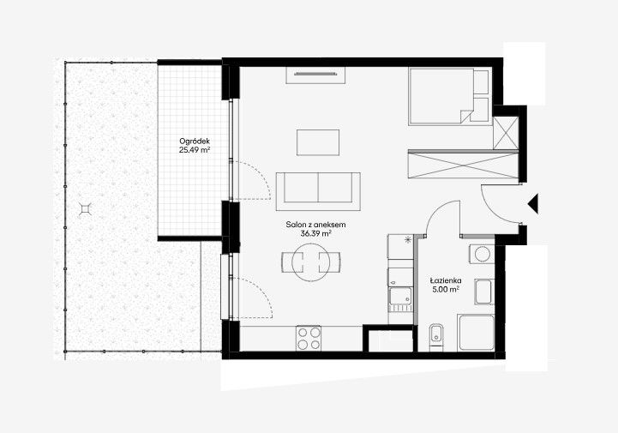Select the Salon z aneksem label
(315, 225)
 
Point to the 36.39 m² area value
(315, 233)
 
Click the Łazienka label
(446, 280)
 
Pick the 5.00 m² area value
(446, 290)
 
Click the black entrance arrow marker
(533, 204)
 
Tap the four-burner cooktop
(309, 339)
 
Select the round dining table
(311, 262)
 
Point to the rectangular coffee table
(318, 142)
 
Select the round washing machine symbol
(482, 254)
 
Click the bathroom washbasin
(483, 292)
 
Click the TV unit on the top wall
(315, 75)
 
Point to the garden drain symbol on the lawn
(85, 209)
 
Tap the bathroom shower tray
(476, 333)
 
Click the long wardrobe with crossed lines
(463, 164)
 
